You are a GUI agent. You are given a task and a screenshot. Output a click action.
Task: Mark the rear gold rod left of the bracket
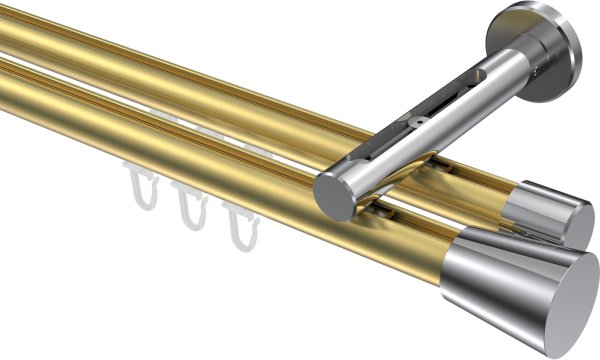coord(150,60)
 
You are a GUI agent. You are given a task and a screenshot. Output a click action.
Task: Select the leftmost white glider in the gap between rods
coord(160,118)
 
